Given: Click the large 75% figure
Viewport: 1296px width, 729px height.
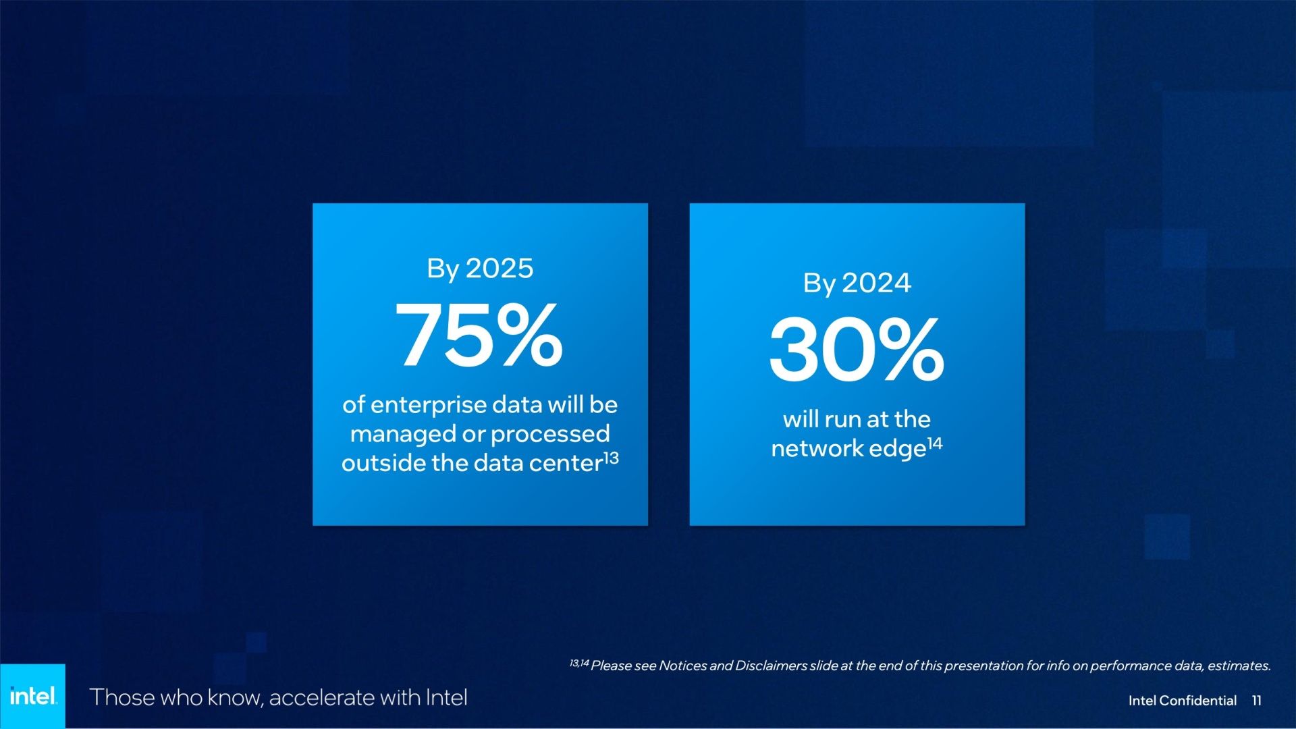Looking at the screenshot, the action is [x=479, y=335].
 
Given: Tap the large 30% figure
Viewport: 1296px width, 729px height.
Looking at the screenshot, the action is [x=857, y=350].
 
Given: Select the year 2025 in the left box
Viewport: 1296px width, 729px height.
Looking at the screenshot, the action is [x=500, y=269].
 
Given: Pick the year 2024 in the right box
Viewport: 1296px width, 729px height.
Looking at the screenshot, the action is [x=876, y=283].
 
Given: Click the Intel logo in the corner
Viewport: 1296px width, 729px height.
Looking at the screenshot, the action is [x=32, y=696].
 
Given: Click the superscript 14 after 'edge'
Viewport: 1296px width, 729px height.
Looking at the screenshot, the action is [x=935, y=443].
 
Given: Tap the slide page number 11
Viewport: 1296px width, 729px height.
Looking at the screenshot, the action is [x=1256, y=701].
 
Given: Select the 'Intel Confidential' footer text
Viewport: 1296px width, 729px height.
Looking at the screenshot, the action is [x=1183, y=701].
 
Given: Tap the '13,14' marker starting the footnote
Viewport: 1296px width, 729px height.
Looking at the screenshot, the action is [x=579, y=664].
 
